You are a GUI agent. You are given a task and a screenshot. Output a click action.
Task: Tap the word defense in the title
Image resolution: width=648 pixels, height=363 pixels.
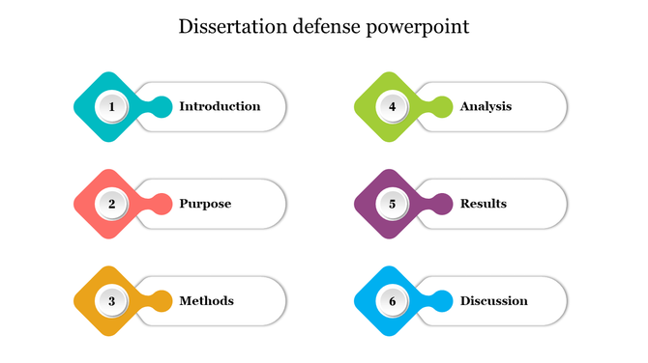325,26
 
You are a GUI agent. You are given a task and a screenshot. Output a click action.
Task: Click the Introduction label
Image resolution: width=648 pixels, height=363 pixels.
220,106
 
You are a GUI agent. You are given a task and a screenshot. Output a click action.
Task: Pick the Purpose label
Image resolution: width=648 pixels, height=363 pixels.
205,204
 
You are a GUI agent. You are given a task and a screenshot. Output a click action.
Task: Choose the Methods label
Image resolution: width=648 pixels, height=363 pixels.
206,300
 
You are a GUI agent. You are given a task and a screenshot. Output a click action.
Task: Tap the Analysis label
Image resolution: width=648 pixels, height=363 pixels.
486,106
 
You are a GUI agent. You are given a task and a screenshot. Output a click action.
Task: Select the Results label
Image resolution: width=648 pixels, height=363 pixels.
483,204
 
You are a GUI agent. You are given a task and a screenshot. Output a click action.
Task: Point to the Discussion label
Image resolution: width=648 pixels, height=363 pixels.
493,300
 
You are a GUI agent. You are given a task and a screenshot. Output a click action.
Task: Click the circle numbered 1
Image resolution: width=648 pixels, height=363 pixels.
112,106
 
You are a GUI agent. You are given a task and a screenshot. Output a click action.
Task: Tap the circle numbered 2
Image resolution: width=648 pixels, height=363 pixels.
112,204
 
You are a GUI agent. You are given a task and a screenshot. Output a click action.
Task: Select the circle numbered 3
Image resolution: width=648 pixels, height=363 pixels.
112,300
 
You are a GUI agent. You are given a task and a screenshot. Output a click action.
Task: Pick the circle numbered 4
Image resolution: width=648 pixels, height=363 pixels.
393,106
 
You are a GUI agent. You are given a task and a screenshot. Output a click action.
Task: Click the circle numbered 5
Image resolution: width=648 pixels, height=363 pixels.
393,204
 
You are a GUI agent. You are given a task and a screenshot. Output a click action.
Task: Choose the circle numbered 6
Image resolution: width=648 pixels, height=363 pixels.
393,300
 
